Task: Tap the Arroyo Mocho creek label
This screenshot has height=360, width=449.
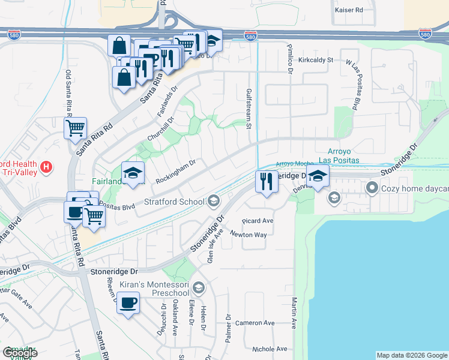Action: click(x=295, y=164)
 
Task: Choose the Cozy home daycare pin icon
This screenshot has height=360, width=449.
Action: click(x=372, y=188)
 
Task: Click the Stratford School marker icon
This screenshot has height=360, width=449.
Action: click(x=214, y=201)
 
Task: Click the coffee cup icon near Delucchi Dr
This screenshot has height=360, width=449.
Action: click(x=128, y=302)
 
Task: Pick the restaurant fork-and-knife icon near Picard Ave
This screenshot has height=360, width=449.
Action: click(x=267, y=180)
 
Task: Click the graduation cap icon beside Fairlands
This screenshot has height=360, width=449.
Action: click(x=133, y=173)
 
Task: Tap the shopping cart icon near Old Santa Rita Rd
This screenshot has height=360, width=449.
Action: click(x=75, y=127)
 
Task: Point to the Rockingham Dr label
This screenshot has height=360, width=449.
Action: click(x=176, y=171)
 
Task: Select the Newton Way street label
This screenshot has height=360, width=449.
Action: click(x=248, y=235)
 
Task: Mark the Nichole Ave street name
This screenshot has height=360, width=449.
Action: click(x=270, y=349)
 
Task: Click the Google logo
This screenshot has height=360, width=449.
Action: click(x=20, y=353)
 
